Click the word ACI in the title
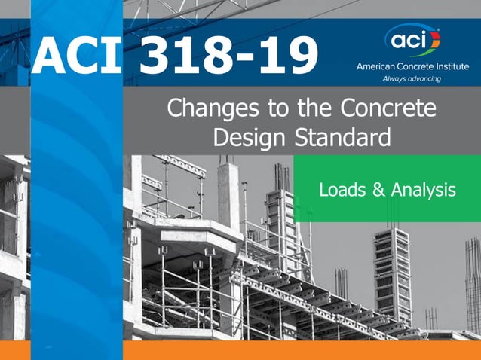click(x=75, y=57)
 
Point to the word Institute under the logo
click(x=449, y=66)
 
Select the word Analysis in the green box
click(x=424, y=190)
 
